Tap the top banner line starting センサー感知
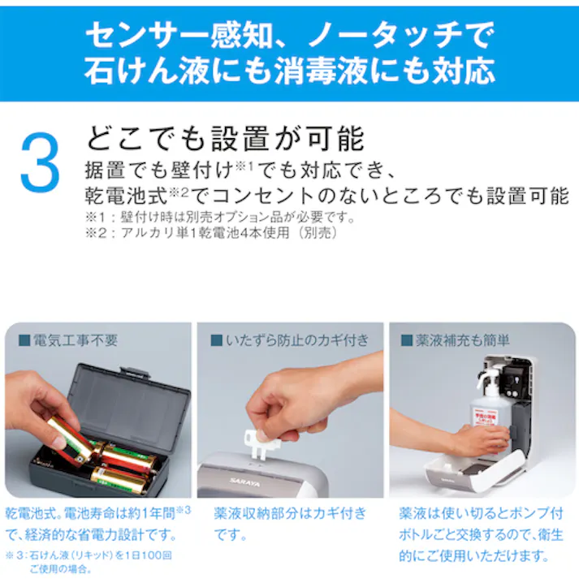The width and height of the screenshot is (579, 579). coord(289,35)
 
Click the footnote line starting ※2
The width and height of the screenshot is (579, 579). coord(210,232)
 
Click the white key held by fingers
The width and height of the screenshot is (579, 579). coord(262,440)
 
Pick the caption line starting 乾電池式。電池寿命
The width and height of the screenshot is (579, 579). coord(97,513)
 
